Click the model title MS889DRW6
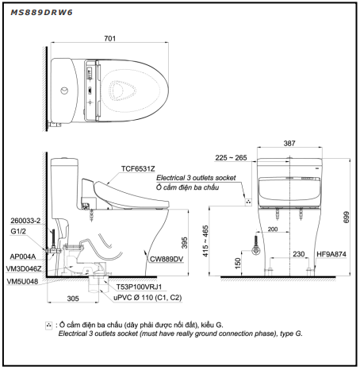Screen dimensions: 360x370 coord(41,13)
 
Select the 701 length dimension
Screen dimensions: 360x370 coord(109,39)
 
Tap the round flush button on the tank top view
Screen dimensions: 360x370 coord(64,91)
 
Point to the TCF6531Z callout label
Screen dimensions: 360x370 coord(138,169)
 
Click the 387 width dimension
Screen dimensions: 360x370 coord(289,143)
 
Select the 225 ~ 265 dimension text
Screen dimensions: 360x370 coord(231,158)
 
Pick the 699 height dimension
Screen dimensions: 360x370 coord(347,217)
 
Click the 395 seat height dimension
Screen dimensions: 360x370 coord(185,242)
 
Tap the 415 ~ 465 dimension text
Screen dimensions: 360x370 coord(205,241)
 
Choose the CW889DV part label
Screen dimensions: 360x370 coord(167,259)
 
